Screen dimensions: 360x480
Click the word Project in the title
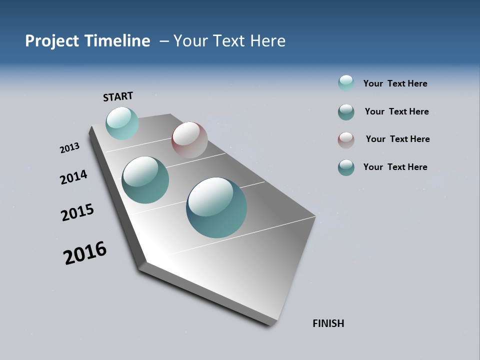pyautogui.click(x=51, y=41)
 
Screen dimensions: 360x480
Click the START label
pyautogui.click(x=118, y=96)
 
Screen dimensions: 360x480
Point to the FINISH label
pyautogui.click(x=328, y=323)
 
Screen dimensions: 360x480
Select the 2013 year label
pyautogui.click(x=69, y=148)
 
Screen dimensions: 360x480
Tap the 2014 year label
pyautogui.click(x=73, y=177)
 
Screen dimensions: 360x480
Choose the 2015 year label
pyautogui.click(x=77, y=212)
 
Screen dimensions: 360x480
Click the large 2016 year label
pyautogui.click(x=85, y=253)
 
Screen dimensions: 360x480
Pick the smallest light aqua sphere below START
pyautogui.click(x=122, y=123)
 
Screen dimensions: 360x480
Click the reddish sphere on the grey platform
pyautogui.click(x=189, y=140)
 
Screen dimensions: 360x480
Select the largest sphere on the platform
pyautogui.click(x=216, y=207)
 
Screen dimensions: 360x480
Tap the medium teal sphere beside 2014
pyautogui.click(x=145, y=180)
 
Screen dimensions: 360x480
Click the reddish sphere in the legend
pyautogui.click(x=346, y=140)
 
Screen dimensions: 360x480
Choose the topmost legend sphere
pyautogui.click(x=346, y=83)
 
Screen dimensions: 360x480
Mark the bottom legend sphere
pyautogui.click(x=346, y=167)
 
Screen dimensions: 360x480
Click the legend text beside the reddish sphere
pyautogui.click(x=397, y=139)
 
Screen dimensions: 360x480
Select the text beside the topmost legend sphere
pyautogui.click(x=395, y=83)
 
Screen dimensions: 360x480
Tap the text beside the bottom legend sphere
pyautogui.click(x=395, y=167)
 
